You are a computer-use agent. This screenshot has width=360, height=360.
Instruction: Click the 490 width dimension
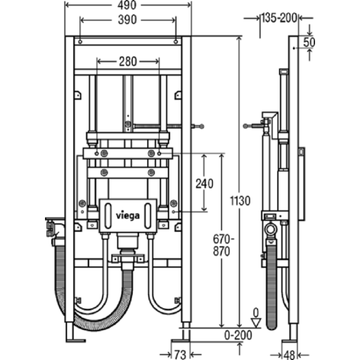127,5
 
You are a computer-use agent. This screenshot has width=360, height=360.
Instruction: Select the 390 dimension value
127,20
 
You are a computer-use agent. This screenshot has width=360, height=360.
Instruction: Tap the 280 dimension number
128,61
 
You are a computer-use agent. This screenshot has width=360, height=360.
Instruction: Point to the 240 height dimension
204,184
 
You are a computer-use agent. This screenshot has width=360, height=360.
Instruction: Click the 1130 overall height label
240,201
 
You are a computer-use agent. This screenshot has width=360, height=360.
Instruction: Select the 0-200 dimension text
238,335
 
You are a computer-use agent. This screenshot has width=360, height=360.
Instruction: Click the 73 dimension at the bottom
180,355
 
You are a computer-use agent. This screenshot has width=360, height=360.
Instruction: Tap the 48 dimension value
289,355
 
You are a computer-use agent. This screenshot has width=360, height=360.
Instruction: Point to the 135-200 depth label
279,18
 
